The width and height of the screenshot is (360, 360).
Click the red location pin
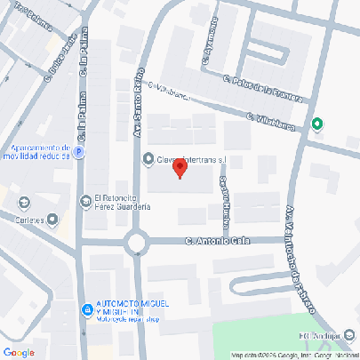[x=180, y=167]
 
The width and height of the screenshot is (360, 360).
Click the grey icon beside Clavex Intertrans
[x=148, y=159]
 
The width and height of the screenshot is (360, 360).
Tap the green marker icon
[x=317, y=124]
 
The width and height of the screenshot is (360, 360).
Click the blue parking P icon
[x=77, y=152]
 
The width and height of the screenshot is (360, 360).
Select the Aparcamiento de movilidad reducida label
[x=36, y=152]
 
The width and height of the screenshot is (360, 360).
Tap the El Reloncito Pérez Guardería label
[x=122, y=202]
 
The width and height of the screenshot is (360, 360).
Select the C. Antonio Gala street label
[x=219, y=240]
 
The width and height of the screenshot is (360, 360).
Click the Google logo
[x=18, y=352]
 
